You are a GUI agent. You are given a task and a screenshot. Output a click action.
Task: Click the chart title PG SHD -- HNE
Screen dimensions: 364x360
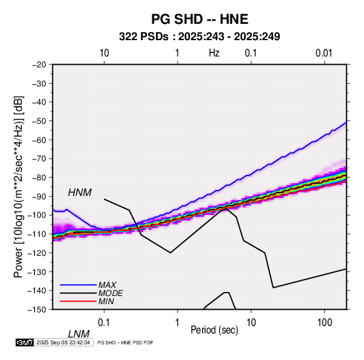pos(199,19)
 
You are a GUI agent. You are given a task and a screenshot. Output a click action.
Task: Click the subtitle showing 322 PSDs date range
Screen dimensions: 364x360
pos(199,37)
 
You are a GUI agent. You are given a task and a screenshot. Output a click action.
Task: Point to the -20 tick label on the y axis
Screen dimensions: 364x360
pos(39,65)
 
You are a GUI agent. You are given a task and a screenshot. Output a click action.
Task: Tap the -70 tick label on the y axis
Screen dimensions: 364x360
pos(39,159)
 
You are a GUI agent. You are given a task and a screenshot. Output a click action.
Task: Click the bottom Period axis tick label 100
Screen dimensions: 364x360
pos(325,323)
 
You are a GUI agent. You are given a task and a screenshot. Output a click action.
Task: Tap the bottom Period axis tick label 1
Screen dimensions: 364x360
pos(178,323)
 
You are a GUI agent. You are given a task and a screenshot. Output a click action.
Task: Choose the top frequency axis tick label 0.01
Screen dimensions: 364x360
pos(324,53)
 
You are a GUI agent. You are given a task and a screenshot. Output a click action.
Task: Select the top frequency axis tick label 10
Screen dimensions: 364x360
pos(104,53)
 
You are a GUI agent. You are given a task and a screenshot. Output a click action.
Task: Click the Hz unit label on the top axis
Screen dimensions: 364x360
pos(214,53)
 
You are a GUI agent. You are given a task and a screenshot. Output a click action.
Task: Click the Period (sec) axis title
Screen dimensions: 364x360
pos(214,330)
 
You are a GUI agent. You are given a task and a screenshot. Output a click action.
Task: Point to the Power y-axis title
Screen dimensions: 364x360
pos(19,187)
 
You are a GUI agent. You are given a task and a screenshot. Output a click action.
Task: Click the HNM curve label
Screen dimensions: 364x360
pos(80,193)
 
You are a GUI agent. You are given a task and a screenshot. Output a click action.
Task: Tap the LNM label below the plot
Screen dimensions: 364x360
pos(79,334)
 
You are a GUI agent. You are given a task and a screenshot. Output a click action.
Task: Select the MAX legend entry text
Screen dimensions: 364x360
pos(107,285)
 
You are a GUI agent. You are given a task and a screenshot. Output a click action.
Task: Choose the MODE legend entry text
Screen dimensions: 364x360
pos(110,293)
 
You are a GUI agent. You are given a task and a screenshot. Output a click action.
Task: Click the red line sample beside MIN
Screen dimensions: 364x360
pos(78,301)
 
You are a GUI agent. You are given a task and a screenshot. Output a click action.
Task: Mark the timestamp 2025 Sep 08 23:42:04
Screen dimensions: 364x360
pos(63,342)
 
